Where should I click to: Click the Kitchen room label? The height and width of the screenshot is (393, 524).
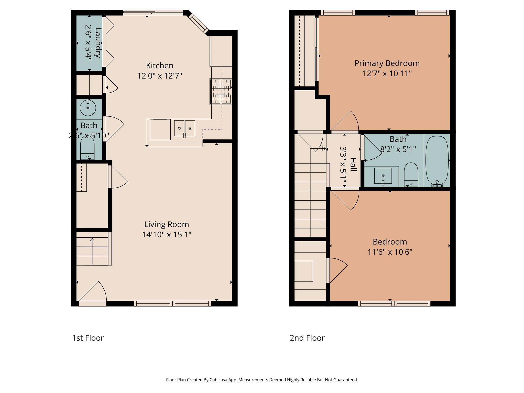tap(160, 66)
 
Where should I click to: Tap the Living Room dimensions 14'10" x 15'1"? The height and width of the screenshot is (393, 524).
tap(167, 234)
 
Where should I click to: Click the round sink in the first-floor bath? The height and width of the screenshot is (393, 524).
tap(88, 108)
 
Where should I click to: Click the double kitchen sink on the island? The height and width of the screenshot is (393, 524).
tap(184, 128)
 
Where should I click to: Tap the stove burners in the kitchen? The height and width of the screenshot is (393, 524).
tap(221, 91)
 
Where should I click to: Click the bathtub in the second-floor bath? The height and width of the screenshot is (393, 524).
tap(437, 160)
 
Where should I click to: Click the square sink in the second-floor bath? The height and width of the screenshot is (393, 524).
tap(383, 176)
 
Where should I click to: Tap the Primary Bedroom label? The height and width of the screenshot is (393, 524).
tap(387, 63)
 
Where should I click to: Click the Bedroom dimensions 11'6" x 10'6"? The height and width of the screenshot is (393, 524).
tap(390, 252)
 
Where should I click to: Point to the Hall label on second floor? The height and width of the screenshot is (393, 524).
tap(353, 165)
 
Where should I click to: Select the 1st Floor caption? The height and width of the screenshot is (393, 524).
tap(88, 338)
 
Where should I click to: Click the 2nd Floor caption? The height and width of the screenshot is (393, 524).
tap(307, 338)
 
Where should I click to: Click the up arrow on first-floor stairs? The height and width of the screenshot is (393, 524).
tap(92, 240)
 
